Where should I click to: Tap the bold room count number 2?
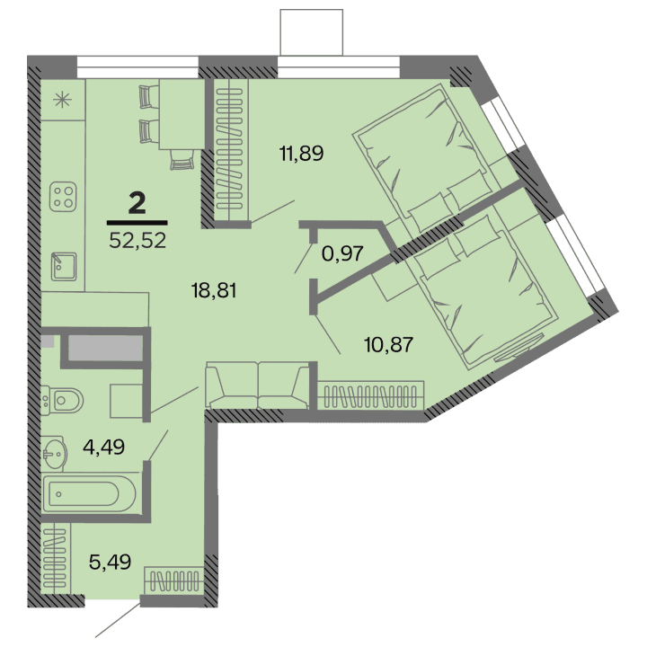click(x=137, y=204)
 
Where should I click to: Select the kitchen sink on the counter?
click(x=63, y=264)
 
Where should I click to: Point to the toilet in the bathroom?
click(x=66, y=398)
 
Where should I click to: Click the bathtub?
click(x=90, y=492)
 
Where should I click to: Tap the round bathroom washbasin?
click(x=54, y=454)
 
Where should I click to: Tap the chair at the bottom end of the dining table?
click(x=182, y=159)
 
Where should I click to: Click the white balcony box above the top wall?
click(x=311, y=31)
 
